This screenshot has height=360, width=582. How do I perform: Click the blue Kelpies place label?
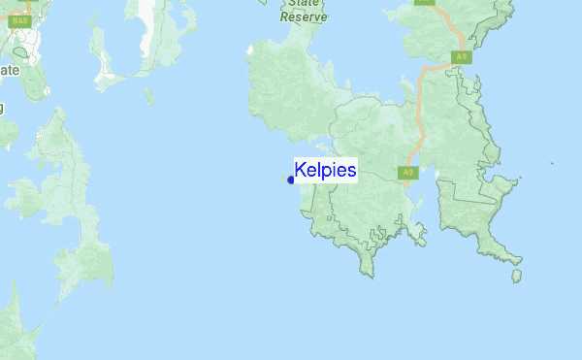[x=326, y=169]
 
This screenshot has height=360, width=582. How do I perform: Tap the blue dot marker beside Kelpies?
[x=291, y=180]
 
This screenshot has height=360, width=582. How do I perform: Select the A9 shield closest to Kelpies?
[x=407, y=173]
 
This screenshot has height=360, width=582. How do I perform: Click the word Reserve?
[x=304, y=16]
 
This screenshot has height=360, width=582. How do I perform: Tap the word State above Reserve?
[x=304, y=4]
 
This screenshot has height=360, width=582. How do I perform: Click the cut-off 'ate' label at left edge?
[x=9, y=71]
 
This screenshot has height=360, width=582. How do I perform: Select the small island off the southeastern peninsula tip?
[x=516, y=276]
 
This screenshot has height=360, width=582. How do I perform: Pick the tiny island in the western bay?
[x=147, y=96]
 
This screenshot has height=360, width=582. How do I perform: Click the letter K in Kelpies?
[x=301, y=169]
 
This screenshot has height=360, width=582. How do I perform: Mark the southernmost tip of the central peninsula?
[x=368, y=272]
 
